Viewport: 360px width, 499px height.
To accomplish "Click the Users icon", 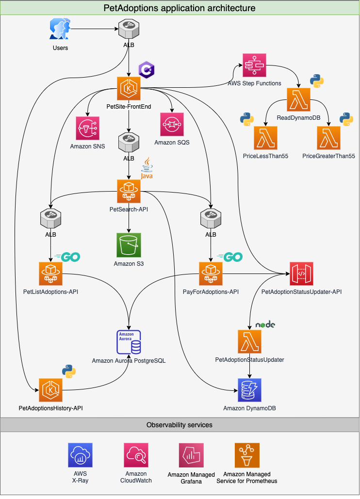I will pyautogui.click(x=60, y=30).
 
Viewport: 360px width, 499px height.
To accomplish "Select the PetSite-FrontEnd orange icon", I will pyautogui.click(x=129, y=88).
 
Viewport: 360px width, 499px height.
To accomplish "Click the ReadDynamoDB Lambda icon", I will pyautogui.click(x=298, y=100).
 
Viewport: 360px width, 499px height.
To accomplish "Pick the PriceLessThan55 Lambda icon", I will pyautogui.click(x=265, y=138).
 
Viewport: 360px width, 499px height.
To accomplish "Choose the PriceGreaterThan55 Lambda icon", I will pyautogui.click(x=328, y=138).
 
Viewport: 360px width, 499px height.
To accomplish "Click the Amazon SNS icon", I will pyautogui.click(x=88, y=129).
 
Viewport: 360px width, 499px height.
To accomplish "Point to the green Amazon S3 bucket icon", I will pyautogui.click(x=129, y=245).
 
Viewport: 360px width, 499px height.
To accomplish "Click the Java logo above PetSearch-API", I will pyautogui.click(x=147, y=170).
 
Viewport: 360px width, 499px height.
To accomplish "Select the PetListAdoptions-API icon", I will pyautogui.click(x=50, y=274).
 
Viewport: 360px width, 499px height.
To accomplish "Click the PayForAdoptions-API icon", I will pyautogui.click(x=211, y=274).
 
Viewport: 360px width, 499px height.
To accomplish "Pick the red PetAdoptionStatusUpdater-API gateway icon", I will pyautogui.click(x=301, y=274).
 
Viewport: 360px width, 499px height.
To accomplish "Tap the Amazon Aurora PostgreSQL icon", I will pyautogui.click(x=129, y=342).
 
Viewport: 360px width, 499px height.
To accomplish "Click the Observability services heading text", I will pyautogui.click(x=180, y=425).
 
